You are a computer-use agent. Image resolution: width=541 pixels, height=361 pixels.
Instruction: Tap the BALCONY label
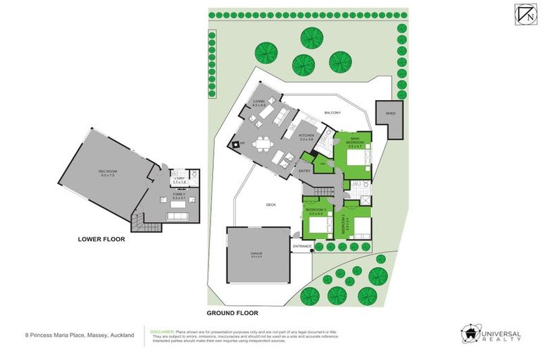(x=332, y=113)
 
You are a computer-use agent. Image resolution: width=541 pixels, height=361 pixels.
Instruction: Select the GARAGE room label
(x=257, y=255)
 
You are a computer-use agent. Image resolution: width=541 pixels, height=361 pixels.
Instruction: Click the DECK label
(x=271, y=204)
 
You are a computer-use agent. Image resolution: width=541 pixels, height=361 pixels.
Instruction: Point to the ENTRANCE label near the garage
(x=302, y=246)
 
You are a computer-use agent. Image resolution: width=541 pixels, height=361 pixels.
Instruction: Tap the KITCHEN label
(x=307, y=137)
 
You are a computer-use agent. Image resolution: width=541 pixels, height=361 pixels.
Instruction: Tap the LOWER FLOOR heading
(x=101, y=240)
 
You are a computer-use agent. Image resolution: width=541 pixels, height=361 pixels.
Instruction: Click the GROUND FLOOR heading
(x=232, y=312)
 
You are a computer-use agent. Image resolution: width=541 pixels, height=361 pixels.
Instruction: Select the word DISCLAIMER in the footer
(x=163, y=329)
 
